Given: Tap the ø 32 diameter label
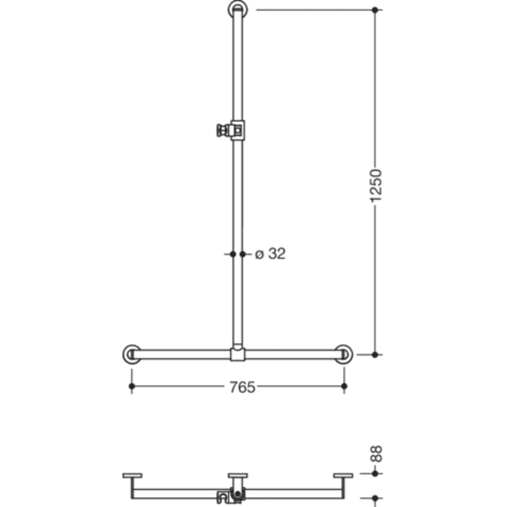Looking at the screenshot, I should tap(270, 254).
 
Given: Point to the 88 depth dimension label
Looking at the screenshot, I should tap(376, 453).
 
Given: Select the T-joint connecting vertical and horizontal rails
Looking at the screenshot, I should tap(237, 354).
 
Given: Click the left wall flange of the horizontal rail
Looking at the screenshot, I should tap(131, 354).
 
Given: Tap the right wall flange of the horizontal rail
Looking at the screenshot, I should tap(344, 354).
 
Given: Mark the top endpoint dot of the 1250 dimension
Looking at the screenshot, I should tap(375, 10).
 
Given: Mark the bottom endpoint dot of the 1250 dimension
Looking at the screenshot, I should tap(375, 354).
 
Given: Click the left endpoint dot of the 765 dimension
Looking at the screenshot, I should tap(131, 387).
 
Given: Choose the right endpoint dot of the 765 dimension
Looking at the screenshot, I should tap(344, 387).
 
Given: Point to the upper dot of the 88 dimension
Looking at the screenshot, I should tap(375, 474).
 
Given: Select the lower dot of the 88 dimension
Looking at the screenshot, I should tap(375, 497).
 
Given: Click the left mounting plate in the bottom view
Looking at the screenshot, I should tap(132, 475).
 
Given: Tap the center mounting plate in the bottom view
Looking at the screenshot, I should tap(237, 475).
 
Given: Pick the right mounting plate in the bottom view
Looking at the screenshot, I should tap(343, 475).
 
